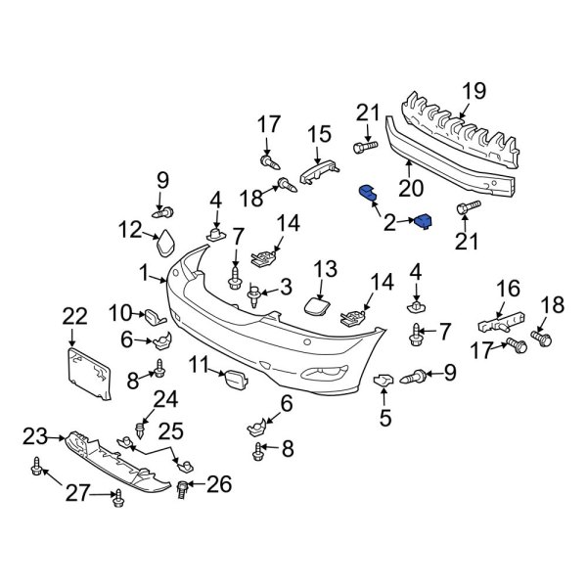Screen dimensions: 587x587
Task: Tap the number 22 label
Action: coord(74,315)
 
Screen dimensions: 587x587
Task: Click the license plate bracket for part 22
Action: coord(86,374)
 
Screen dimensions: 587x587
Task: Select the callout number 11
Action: coord(200,366)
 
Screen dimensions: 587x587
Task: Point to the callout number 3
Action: coord(286,287)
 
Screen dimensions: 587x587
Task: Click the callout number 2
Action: coord(390,224)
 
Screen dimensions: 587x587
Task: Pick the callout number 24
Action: coord(165,398)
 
